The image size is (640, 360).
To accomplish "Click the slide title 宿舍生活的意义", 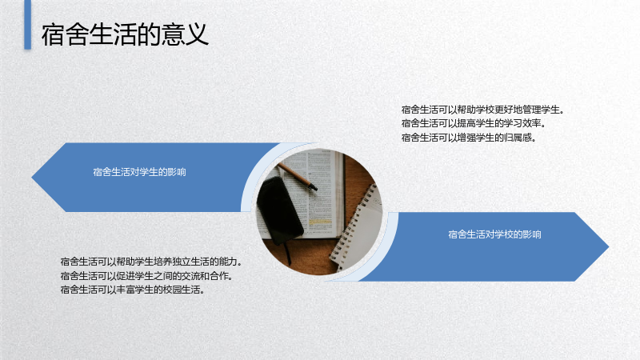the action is click(x=125, y=34).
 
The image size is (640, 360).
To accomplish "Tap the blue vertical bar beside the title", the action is click(x=28, y=25).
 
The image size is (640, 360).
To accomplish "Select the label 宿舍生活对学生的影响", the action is click(x=139, y=172).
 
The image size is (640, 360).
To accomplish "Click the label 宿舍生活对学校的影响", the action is click(x=494, y=234).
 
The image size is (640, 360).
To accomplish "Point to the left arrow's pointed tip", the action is click(x=32, y=177).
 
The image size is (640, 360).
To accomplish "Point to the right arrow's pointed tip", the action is click(x=608, y=246).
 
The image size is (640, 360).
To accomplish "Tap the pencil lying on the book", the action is click(x=297, y=176).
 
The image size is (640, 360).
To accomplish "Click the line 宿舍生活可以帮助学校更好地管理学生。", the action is click(x=483, y=110).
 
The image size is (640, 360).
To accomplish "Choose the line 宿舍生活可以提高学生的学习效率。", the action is click(x=474, y=123).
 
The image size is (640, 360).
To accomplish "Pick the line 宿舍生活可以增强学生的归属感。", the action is click(x=469, y=138).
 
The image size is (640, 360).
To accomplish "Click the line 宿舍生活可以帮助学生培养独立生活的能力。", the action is click(x=151, y=262).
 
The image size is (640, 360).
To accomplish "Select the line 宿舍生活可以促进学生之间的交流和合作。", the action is click(x=147, y=276).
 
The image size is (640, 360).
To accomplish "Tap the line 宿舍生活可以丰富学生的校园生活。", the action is click(x=133, y=290).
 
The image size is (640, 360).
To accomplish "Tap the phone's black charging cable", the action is click(x=287, y=253).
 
